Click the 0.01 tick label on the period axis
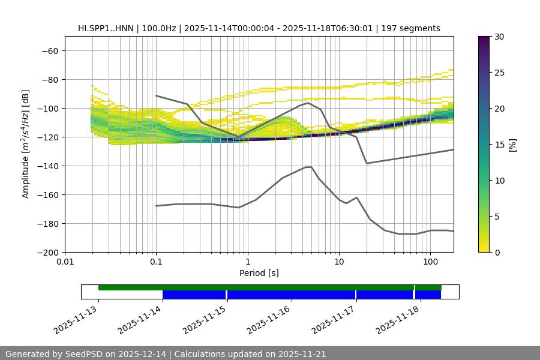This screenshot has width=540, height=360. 65,262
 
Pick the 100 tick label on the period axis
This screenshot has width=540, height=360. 430,262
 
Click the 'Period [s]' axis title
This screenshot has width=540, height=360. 259,273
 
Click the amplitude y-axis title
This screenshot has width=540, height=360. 26,144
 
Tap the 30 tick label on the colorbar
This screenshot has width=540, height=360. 499,37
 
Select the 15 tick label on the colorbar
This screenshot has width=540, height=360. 499,145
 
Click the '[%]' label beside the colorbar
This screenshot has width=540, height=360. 512,145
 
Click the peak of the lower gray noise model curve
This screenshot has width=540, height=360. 308,167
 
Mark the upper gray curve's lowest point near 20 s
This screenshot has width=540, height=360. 367,163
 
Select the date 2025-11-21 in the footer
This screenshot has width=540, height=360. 302,354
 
